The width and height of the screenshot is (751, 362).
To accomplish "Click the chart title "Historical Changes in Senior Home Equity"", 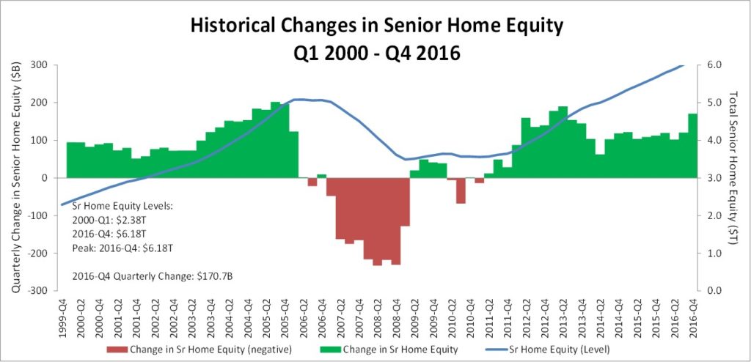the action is [x=375, y=26].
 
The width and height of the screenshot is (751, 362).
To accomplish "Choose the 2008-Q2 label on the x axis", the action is [x=378, y=319].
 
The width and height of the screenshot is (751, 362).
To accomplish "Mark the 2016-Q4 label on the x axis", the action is [x=692, y=319].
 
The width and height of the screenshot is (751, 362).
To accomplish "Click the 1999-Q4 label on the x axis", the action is [x=63, y=319].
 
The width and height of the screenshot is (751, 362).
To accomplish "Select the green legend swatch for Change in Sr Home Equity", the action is [x=329, y=350].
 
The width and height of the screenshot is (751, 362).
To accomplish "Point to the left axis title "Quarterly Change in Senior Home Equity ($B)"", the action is [x=15, y=177].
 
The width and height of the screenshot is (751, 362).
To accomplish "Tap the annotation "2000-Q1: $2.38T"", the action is [x=100, y=221].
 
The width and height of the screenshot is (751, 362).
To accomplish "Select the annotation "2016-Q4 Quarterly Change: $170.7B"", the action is [x=153, y=276].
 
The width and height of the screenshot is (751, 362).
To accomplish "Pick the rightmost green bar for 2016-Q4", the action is [x=692, y=146].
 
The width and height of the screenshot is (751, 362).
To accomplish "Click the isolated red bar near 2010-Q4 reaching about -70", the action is [x=461, y=191].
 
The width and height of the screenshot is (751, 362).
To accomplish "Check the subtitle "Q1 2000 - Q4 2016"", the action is [x=375, y=52].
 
